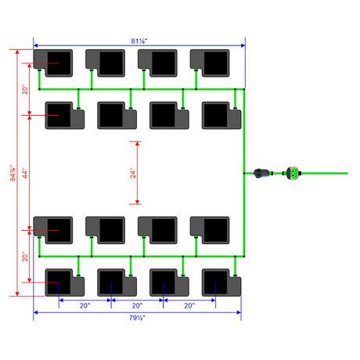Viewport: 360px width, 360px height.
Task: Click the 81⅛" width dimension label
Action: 139,41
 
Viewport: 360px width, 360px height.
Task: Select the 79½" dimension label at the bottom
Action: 137,318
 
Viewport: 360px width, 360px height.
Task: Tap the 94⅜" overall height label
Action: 13,173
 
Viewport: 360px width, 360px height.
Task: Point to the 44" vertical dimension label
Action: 25,173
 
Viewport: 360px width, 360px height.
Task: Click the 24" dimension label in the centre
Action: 133,173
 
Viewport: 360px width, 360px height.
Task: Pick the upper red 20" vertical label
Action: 25,89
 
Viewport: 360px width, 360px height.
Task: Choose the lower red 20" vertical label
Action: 25,257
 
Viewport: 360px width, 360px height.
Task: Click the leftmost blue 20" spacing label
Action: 85,305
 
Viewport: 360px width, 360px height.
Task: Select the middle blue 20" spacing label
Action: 137,305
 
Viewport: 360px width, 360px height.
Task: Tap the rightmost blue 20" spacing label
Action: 189,305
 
